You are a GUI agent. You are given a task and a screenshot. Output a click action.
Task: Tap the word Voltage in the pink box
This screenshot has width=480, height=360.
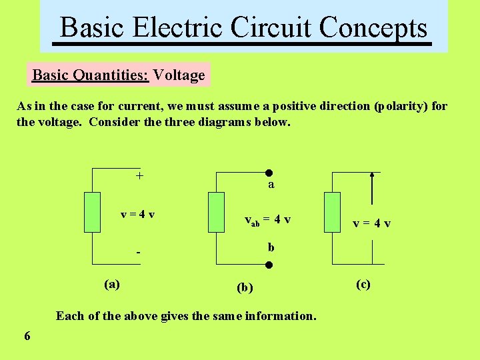tap(179, 75)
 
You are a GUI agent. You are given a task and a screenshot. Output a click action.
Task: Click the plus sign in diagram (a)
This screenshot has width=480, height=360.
tap(139, 176)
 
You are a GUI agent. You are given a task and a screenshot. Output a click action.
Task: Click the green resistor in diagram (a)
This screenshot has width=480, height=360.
tap(92, 211)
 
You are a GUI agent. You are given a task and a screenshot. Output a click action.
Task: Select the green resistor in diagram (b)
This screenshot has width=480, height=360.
tap(217, 212)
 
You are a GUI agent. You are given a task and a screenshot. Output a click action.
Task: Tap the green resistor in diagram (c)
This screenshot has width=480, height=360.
tap(332, 212)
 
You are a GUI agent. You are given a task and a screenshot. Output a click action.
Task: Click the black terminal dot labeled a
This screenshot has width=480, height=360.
tap(268, 172)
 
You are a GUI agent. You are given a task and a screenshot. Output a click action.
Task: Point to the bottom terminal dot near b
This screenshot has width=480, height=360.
tap(268, 265)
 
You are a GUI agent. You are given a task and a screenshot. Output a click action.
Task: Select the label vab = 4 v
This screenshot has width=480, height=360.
tap(267, 220)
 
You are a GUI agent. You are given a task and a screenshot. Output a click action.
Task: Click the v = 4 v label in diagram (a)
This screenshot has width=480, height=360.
tap(138, 214)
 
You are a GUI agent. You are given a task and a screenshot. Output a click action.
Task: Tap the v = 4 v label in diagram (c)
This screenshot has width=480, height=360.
tap(372, 223)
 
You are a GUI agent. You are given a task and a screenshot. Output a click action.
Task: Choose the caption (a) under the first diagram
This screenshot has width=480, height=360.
tap(112, 284)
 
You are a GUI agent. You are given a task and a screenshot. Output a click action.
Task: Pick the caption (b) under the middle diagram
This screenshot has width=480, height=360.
tap(245, 288)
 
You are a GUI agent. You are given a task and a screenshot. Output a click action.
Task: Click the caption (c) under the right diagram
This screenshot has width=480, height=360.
tap(363, 284)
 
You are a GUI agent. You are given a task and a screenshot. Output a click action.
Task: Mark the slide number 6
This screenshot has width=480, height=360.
tap(27, 336)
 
